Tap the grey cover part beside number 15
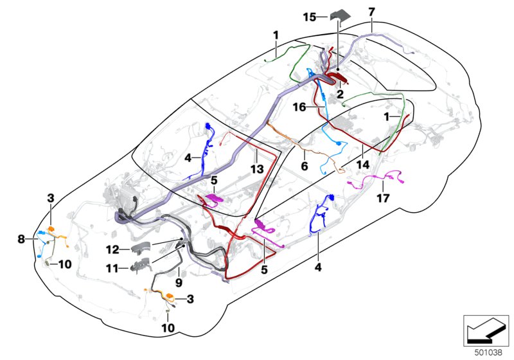pos(339,15)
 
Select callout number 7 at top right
pos(389,12)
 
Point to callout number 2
pos(340,93)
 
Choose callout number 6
pos(305,166)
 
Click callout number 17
pos(384,199)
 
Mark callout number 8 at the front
pos(21,239)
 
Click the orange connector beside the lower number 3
pos(170,297)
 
